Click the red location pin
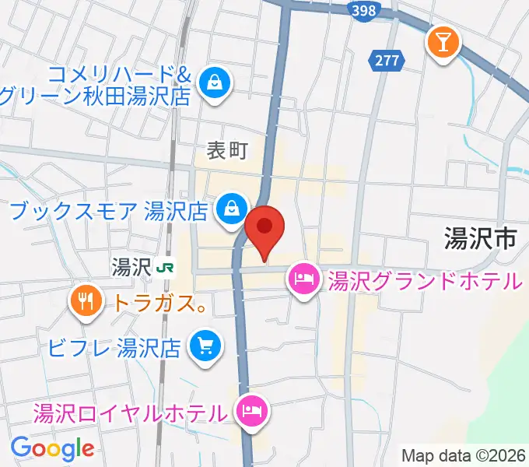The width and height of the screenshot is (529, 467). pos(265,228)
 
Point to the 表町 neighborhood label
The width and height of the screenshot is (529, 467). pos(226,150)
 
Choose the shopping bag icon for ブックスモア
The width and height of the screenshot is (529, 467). pos(231,209)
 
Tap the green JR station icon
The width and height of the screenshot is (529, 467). pos(164,269)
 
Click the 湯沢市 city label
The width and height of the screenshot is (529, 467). pos(480,237)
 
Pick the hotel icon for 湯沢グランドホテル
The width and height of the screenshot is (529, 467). pos(302,278)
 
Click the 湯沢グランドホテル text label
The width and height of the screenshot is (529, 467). pos(423,280)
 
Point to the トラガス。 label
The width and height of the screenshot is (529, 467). pos(160,303)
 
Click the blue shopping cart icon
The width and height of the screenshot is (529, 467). pos(205,344)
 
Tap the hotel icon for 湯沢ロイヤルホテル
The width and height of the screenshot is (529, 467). pos(250,409)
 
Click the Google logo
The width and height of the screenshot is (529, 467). pos(52,448)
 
